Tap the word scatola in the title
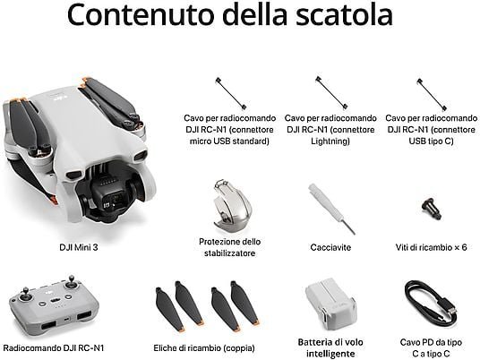click(345, 14)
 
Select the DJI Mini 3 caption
click(79, 247)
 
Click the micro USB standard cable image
click(231, 93)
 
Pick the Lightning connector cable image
click(331, 92)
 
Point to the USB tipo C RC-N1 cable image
click(432, 94)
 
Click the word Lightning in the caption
click(330, 141)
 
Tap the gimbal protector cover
click(232, 204)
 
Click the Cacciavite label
click(330, 247)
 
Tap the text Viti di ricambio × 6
click(431, 247)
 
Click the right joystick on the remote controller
click(71, 282)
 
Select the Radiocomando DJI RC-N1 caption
click(54, 347)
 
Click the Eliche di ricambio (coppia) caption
click(204, 348)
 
